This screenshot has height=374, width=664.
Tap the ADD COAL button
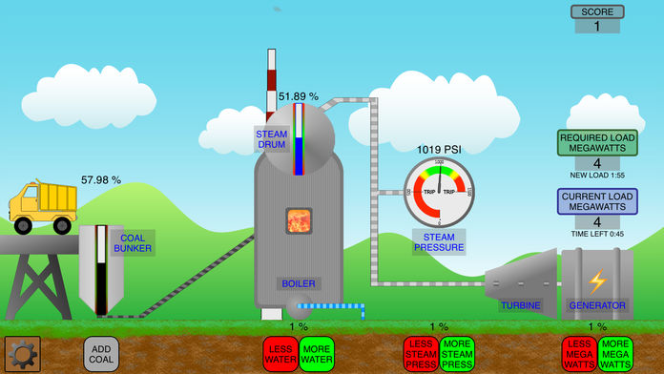(x=102, y=354)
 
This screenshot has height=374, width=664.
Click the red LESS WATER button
(x=280, y=353)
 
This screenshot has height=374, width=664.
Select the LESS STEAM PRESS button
(x=421, y=353)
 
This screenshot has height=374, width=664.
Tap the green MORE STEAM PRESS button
(x=457, y=353)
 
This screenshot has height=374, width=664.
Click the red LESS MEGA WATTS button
(x=580, y=353)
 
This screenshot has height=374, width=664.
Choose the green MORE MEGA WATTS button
(x=615, y=353)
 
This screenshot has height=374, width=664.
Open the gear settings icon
(x=22, y=354)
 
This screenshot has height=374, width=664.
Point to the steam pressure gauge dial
(x=439, y=192)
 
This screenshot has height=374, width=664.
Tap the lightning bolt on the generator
(x=596, y=281)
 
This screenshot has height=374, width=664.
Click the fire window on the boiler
(x=300, y=221)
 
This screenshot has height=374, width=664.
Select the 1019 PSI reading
(x=439, y=150)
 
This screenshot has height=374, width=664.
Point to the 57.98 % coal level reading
(x=101, y=179)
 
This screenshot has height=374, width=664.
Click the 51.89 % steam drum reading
(x=299, y=96)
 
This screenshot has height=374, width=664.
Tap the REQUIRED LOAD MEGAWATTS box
(x=597, y=150)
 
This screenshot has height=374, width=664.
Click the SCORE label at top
(x=597, y=12)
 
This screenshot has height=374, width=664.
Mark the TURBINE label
(x=520, y=305)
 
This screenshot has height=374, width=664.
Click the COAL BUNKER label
(x=131, y=242)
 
